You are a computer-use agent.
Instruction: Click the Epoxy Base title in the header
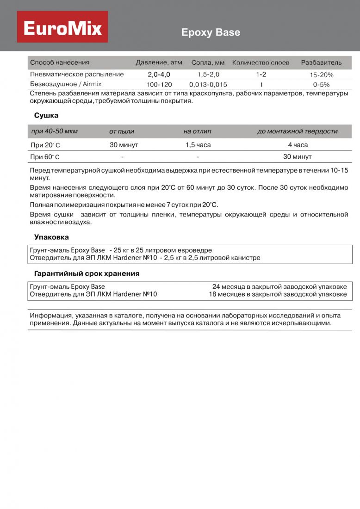pos(211,32)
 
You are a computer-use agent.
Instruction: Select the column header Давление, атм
pos(159,62)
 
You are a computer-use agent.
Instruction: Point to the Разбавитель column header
pos(321,62)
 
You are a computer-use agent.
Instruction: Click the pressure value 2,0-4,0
pos(159,74)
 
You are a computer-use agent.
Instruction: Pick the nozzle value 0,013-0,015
pos(208,85)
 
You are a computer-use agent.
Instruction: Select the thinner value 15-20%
pos(321,74)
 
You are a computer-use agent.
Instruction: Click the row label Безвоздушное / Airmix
pos(66,84)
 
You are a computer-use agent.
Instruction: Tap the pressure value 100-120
pos(159,85)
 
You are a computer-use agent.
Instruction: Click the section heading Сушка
pos(46,115)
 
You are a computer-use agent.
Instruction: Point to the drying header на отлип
pos(198,131)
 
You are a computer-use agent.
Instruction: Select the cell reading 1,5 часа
pos(198,145)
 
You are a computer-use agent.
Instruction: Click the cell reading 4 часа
pos(298,145)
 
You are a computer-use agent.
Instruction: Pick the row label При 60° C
pos(45,157)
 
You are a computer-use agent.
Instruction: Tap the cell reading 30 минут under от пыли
pos(124,145)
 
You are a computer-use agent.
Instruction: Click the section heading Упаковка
pos(51,237)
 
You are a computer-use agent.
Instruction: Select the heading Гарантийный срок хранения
pos(87,273)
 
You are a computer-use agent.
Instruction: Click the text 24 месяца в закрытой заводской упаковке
pos(279,286)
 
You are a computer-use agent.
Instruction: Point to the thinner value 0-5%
pos(321,85)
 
